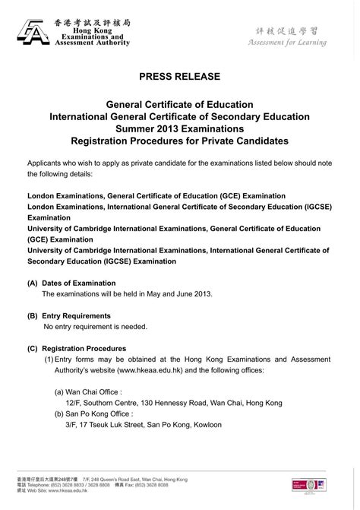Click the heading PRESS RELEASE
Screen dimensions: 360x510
click(x=179, y=77)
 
